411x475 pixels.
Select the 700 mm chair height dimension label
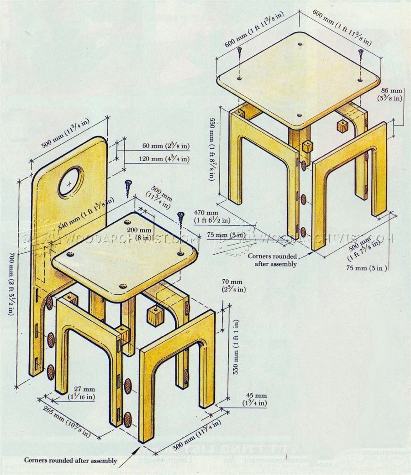[9, 284]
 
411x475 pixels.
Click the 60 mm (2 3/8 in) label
[158, 146]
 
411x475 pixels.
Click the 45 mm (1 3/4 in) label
[254, 400]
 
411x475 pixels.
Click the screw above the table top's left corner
[239, 58]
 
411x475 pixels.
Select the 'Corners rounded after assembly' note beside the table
[272, 260]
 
